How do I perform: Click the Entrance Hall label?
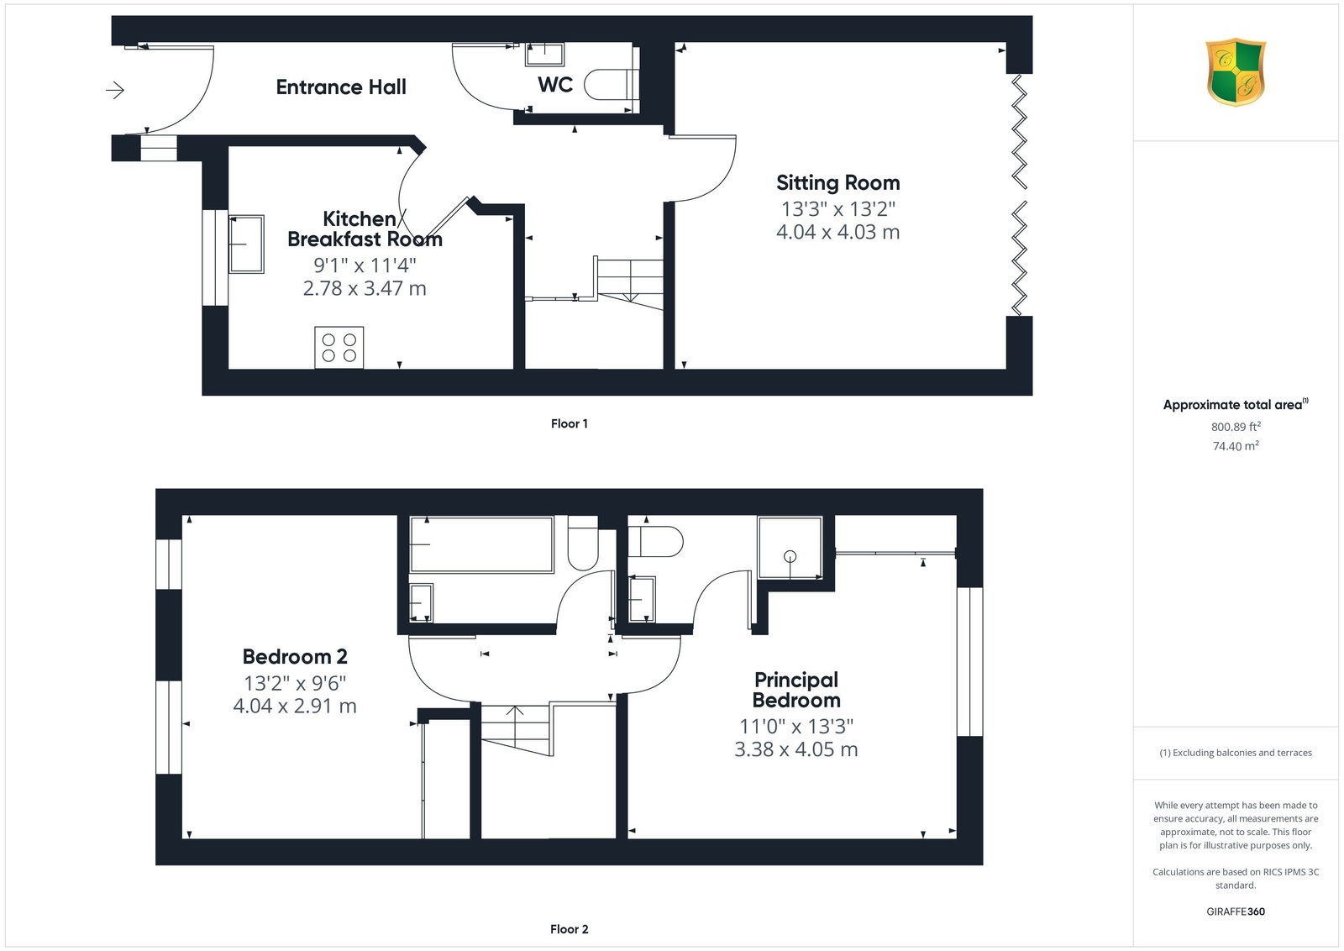coord(341,87)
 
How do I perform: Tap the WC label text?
coord(555,85)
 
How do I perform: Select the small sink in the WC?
coord(544,54)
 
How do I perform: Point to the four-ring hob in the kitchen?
coord(339,348)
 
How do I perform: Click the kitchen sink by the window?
coord(246,244)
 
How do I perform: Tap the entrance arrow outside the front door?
coord(114,90)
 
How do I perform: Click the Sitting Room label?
coord(837,182)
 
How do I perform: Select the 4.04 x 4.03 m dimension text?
coord(837,232)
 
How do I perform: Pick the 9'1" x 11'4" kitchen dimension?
coord(365,265)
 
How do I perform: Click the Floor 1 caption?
coord(569,423)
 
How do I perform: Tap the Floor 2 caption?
coord(569,929)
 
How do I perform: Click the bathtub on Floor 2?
coord(481,544)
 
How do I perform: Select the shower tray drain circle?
coord(790,556)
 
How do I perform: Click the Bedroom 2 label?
coord(295,656)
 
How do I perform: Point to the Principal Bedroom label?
coord(796,690)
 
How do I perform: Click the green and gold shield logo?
coord(1236,72)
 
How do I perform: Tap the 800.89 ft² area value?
coord(1236,427)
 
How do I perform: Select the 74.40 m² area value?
coord(1236,446)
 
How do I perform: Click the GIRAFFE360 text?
coord(1236,912)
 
